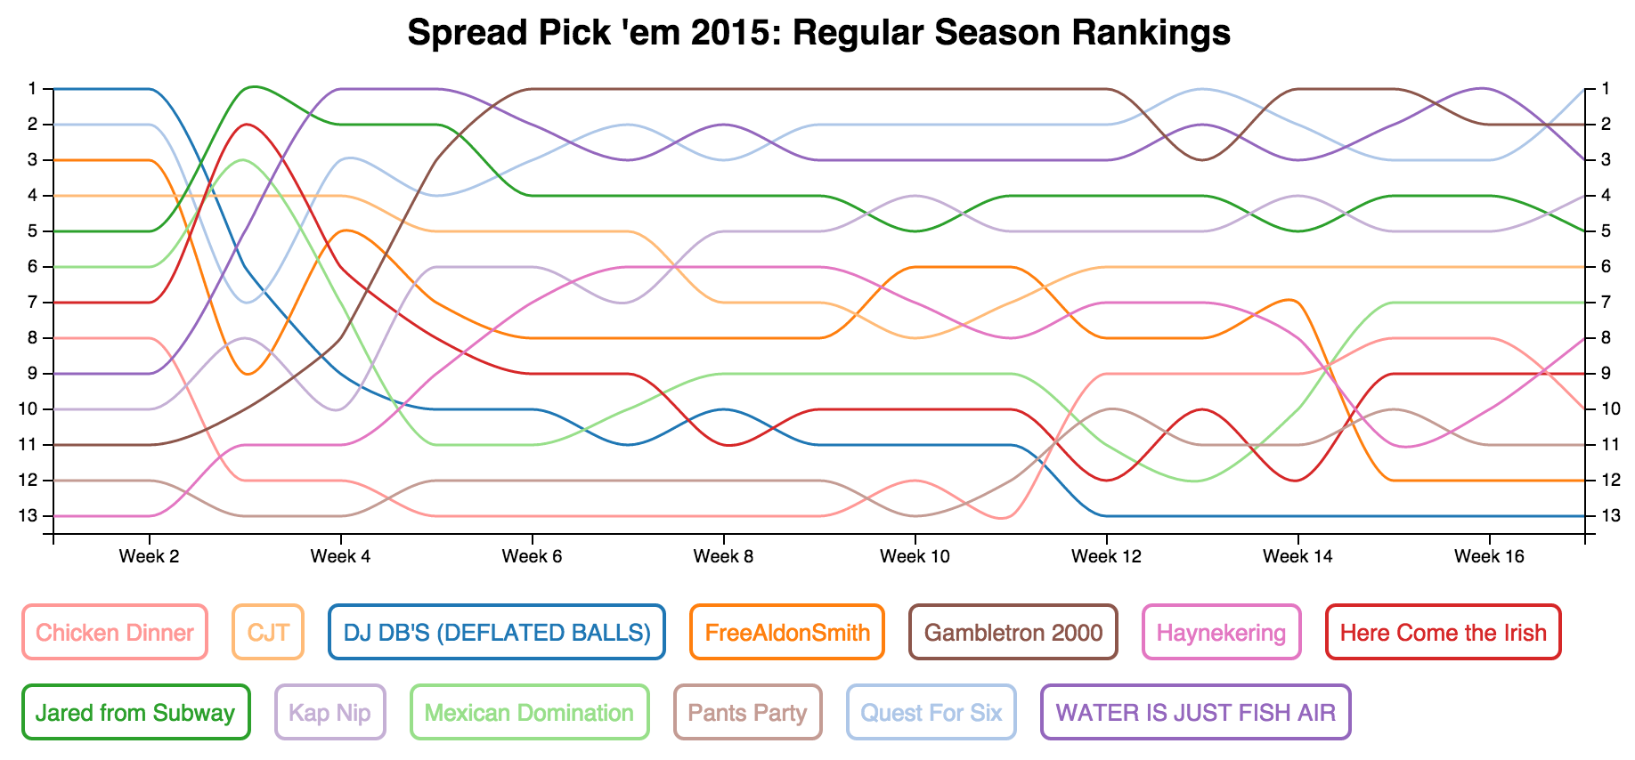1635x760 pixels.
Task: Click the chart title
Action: point(818,33)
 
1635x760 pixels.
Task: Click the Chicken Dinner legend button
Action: point(115,633)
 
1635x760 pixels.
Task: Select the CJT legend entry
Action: point(268,633)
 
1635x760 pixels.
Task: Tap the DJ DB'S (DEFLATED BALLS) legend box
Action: point(497,633)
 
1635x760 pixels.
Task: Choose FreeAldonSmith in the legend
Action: point(787,633)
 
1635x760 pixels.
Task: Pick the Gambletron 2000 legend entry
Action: point(1013,633)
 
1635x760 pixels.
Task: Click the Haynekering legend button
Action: point(1221,633)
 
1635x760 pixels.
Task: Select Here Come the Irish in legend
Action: point(1443,633)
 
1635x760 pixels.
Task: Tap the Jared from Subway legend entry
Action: point(135,713)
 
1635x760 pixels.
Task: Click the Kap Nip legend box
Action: point(330,713)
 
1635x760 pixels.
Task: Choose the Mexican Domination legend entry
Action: point(529,713)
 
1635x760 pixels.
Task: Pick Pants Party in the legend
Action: point(747,713)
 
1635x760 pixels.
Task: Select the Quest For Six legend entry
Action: point(931,713)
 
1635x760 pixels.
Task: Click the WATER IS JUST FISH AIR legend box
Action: point(1195,713)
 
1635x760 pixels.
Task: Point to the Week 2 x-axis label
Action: point(149,557)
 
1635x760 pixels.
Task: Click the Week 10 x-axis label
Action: point(915,557)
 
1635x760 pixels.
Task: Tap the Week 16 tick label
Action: point(1489,557)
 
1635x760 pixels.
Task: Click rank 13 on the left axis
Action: point(33,516)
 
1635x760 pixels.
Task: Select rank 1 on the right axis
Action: point(1606,89)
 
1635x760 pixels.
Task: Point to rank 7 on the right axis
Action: point(1606,303)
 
